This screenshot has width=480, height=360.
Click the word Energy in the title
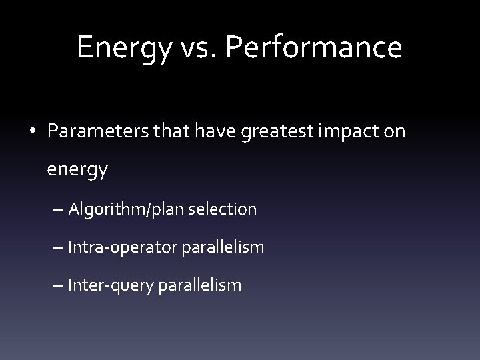coord(115,48)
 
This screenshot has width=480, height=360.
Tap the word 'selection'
coord(224,209)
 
